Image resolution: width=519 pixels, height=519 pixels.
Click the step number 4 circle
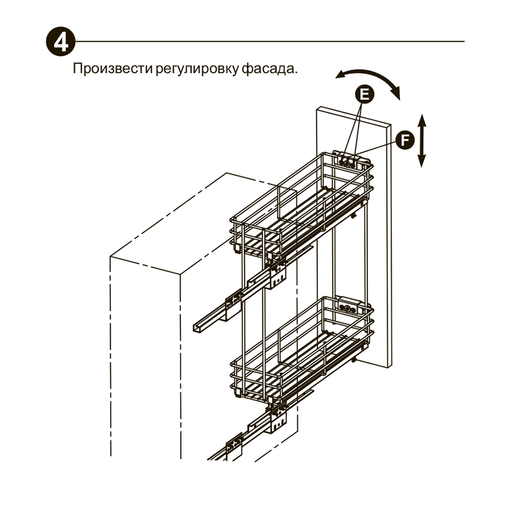tap(61, 42)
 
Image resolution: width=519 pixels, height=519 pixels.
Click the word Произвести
tap(112, 69)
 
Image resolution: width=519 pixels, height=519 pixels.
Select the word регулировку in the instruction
tap(197, 70)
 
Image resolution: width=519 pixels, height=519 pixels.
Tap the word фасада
tap(268, 69)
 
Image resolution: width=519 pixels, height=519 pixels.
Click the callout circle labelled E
tap(364, 94)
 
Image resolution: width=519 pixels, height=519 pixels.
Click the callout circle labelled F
tap(405, 140)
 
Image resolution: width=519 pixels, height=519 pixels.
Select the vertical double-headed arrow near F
tap(421, 140)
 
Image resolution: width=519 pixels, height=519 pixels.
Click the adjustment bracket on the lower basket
tap(347, 306)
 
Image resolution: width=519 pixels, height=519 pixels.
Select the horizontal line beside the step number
tap(270, 42)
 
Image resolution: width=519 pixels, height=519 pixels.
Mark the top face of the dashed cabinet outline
tap(202, 224)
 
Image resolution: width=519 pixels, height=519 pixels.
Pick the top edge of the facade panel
tap(354, 116)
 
